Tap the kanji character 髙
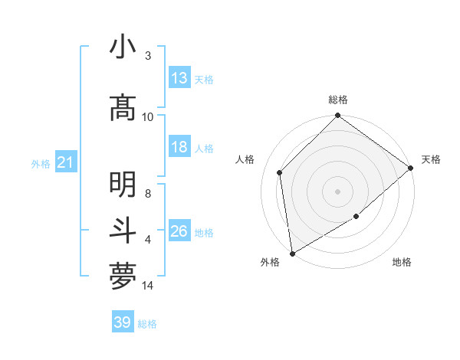pyautogui.click(x=123, y=109)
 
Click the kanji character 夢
pyautogui.click(x=123, y=277)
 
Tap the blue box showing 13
pyautogui.click(x=179, y=78)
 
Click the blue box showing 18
pyautogui.click(x=179, y=147)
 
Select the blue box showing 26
pyautogui.click(x=179, y=231)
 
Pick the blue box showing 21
pyautogui.click(x=66, y=162)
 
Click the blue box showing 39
pyautogui.click(x=123, y=322)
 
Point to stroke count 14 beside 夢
pyautogui.click(x=149, y=286)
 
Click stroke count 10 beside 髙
pyautogui.click(x=147, y=116)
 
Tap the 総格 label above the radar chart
pyautogui.click(x=338, y=100)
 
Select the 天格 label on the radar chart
pyautogui.click(x=431, y=159)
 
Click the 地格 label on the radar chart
pyautogui.click(x=402, y=263)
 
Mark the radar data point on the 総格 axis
pyautogui.click(x=338, y=116)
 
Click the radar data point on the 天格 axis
pyautogui.click(x=411, y=168)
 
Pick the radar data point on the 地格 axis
pyautogui.click(x=356, y=217)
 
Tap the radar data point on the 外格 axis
pyautogui.click(x=292, y=253)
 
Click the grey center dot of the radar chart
pyautogui.click(x=338, y=191)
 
